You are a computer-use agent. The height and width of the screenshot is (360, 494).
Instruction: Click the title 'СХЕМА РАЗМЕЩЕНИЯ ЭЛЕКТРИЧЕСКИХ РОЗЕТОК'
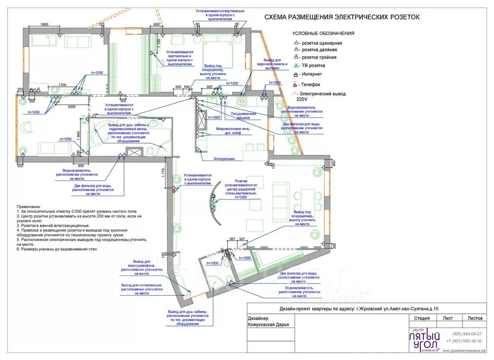coord(342,17)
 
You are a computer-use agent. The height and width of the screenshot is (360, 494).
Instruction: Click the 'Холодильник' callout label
coord(224,159)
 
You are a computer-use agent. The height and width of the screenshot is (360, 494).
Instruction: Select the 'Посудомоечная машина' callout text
coord(243,116)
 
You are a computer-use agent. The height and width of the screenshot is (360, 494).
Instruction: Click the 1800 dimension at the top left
coord(44,24)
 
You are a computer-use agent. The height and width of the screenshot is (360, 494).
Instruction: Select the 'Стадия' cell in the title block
coord(421,319)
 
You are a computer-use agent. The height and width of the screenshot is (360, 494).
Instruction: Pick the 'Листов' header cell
coord(475,319)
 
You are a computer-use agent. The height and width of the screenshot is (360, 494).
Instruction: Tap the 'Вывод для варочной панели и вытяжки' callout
coord(272,64)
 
